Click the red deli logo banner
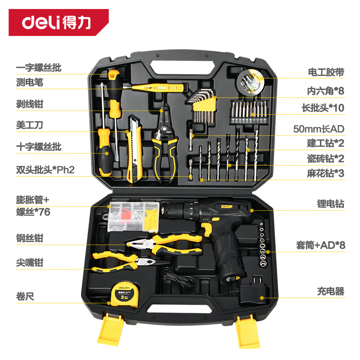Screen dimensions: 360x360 pos(58,22)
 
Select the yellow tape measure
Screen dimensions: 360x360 pos(124,294)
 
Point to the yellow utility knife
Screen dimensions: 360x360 pos(134,149)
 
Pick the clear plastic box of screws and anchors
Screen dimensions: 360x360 pos(134,217)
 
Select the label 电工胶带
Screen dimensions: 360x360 pos(326,72)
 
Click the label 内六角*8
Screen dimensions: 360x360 pos(326,91)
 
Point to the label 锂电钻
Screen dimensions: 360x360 pos(331,204)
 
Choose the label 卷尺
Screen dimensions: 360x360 pos(25,296)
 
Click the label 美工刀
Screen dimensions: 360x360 pos(29,125)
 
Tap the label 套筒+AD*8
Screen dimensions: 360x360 pos(320,245)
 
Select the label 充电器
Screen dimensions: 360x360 pos(331,291)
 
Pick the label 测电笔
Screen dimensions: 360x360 pos(30,82)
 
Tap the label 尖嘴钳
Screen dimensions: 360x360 pos(30,263)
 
